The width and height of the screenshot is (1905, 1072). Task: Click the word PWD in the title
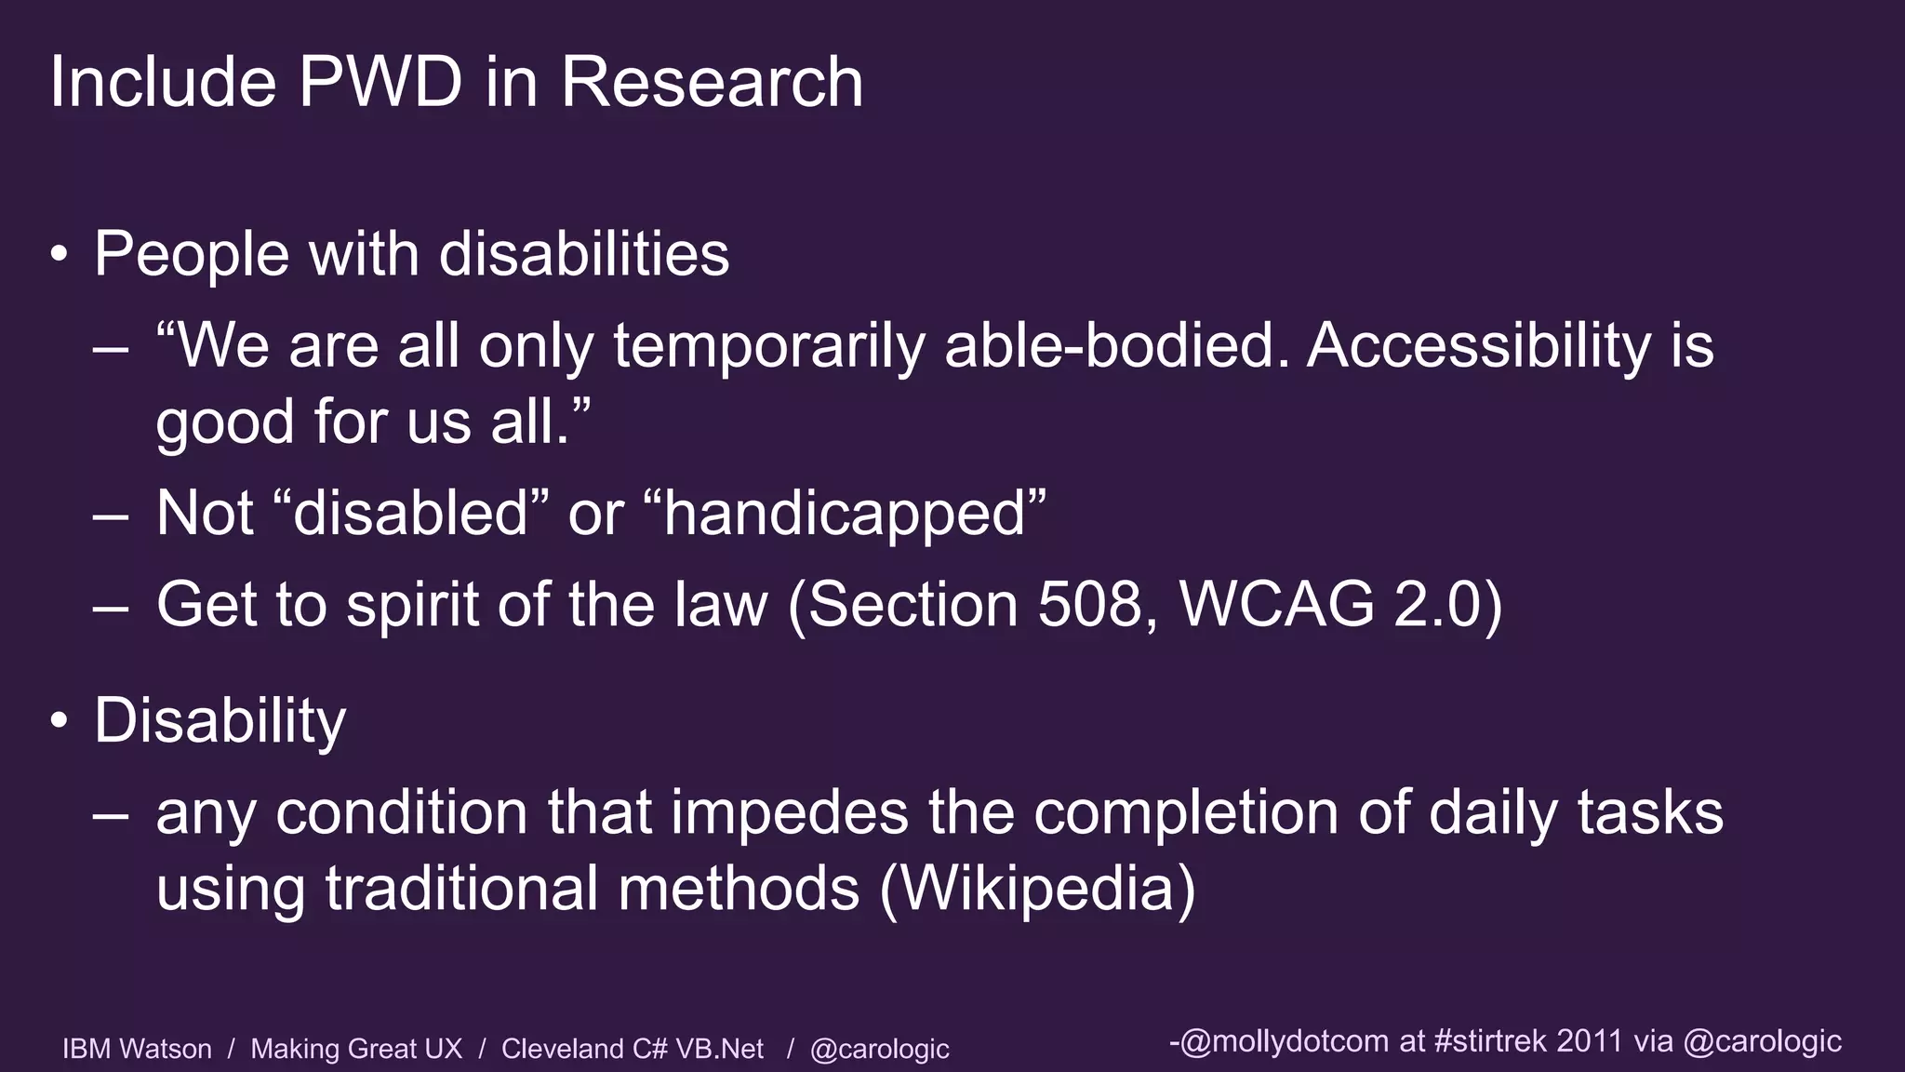(x=380, y=82)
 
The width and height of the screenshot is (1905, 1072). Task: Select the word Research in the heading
(x=712, y=82)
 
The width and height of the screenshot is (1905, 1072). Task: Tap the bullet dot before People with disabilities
(x=60, y=254)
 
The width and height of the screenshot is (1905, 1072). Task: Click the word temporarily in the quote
(x=768, y=346)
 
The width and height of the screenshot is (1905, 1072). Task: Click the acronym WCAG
(x=1276, y=605)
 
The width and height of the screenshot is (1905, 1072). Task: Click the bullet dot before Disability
(x=60, y=721)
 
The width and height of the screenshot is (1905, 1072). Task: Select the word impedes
(x=789, y=812)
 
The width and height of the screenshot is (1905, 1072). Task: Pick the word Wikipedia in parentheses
(x=1037, y=889)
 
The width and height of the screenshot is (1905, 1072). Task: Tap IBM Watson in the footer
(x=137, y=1049)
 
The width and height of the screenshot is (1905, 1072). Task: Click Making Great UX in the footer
(x=356, y=1049)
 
